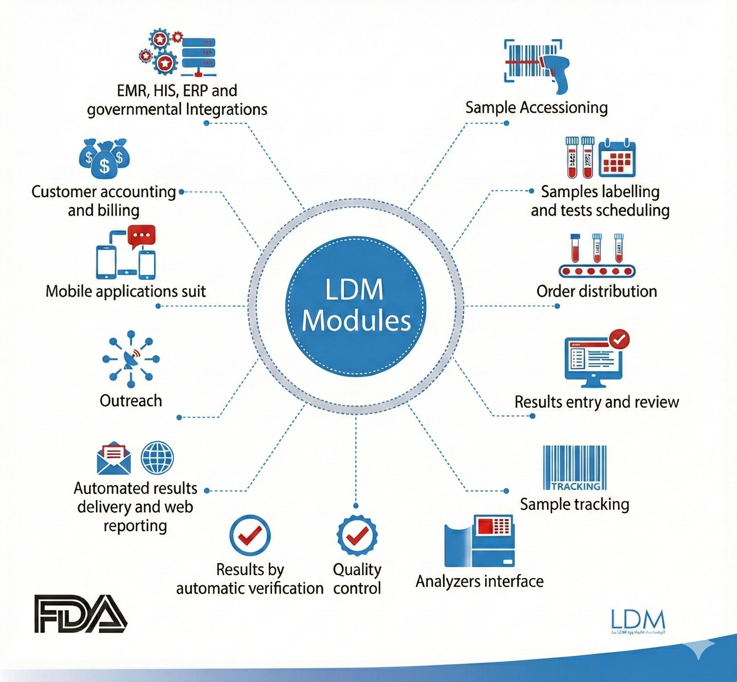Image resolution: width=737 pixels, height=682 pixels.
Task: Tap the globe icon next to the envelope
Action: click(157, 458)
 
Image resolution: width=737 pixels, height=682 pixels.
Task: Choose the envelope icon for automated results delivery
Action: click(114, 458)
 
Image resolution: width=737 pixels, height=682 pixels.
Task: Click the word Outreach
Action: click(131, 401)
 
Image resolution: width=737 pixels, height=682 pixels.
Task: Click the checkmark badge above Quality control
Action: click(357, 536)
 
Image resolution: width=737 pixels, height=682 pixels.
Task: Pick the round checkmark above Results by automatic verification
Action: click(250, 536)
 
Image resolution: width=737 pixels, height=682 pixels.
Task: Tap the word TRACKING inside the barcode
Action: click(576, 486)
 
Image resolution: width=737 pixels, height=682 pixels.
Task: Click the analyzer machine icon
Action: click(480, 541)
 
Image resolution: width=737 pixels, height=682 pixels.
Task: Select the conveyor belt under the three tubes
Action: click(597, 271)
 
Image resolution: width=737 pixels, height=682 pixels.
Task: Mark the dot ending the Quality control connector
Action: click(356, 505)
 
